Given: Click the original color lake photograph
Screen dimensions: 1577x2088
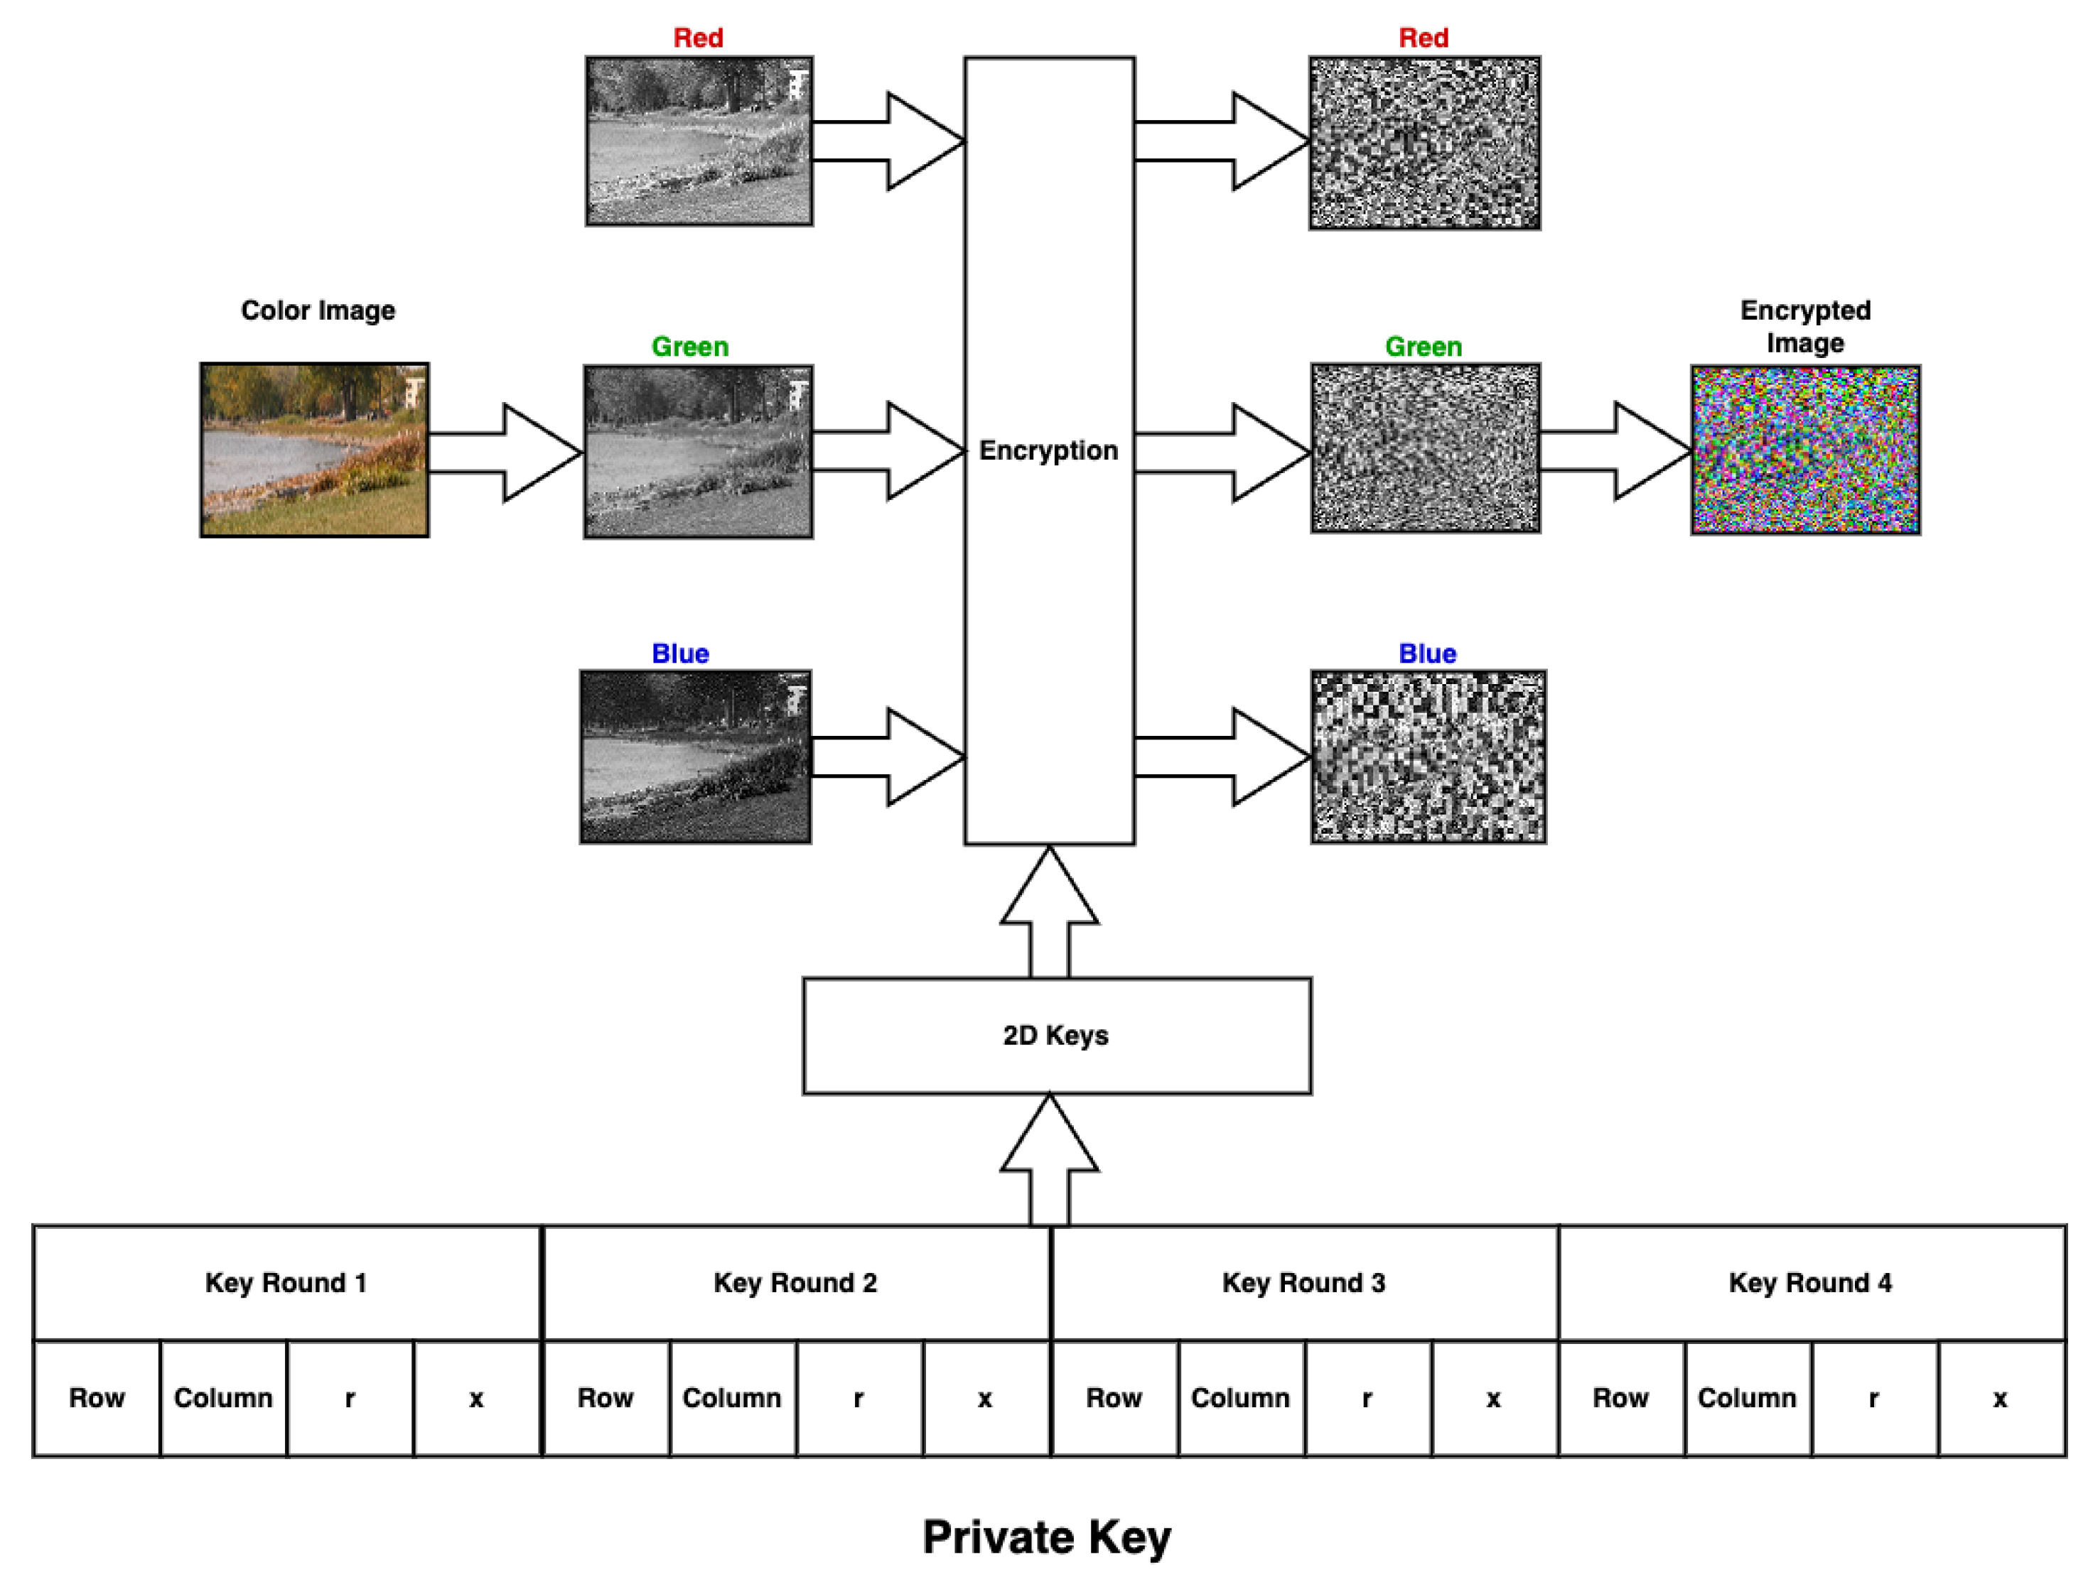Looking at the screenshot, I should pyautogui.click(x=314, y=450).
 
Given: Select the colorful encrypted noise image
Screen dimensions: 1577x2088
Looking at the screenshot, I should pyautogui.click(x=1805, y=450).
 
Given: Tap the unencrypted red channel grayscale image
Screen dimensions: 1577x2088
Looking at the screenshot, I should pyautogui.click(x=699, y=141).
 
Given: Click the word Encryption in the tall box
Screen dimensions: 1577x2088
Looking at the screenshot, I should pyautogui.click(x=1048, y=451).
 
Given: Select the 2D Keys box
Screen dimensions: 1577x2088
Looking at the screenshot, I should pyautogui.click(x=1056, y=1035).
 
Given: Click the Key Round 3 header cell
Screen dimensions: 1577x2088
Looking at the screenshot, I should pyautogui.click(x=1303, y=1282).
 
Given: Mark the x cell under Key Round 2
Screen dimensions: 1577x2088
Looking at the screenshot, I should pyautogui.click(x=984, y=1398).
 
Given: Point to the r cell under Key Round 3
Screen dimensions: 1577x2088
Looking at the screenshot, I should pyautogui.click(x=1367, y=1398).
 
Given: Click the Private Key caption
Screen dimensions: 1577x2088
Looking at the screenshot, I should pyautogui.click(x=1047, y=1537).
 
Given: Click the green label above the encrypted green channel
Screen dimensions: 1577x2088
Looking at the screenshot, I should pyautogui.click(x=1424, y=347).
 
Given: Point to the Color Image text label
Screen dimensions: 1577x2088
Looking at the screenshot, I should pyautogui.click(x=318, y=310).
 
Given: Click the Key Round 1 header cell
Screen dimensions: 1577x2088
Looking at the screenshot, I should pyautogui.click(x=286, y=1282).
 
